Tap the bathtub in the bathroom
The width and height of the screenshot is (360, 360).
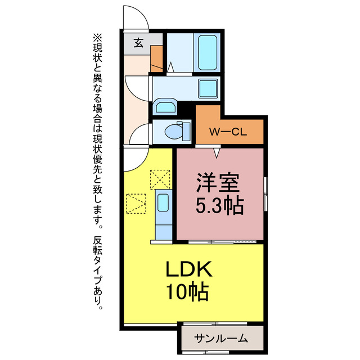click(x=207, y=52)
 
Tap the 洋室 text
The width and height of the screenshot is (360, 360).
click(x=218, y=183)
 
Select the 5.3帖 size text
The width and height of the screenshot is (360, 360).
click(x=219, y=206)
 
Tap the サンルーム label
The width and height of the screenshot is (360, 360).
click(x=221, y=338)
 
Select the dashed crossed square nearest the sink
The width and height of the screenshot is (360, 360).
click(x=159, y=180)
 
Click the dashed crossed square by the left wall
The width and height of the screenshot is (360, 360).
click(x=136, y=204)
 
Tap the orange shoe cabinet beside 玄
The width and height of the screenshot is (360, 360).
click(x=156, y=56)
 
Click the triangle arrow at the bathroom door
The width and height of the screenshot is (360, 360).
click(x=170, y=68)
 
